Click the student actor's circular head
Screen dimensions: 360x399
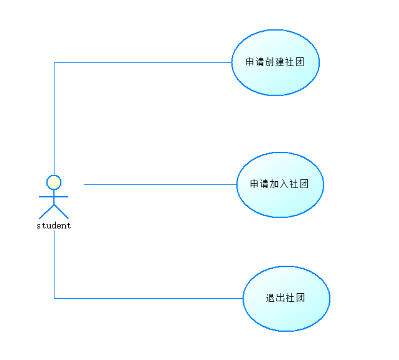54,182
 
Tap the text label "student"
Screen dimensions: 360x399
54,226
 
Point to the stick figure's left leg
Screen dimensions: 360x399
47,212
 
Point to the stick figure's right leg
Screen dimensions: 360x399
61,212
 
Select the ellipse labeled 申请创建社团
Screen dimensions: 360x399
275,80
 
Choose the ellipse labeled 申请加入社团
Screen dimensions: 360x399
280,202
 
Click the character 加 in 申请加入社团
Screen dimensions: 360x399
274,184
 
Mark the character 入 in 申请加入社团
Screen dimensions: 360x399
284,184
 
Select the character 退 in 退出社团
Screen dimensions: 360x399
270,298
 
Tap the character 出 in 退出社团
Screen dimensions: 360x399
280,298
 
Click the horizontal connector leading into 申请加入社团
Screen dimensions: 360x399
159,184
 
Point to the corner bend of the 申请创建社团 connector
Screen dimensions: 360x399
54,63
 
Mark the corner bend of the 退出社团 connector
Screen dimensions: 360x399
54,298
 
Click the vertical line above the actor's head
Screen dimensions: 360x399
54,120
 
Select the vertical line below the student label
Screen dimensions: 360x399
54,264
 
